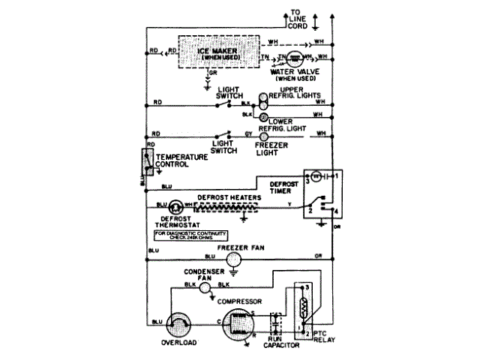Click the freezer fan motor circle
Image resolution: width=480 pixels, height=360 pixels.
[235, 259]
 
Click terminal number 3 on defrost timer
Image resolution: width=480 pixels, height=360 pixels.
[306, 181]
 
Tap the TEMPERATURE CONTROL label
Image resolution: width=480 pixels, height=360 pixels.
[181, 160]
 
